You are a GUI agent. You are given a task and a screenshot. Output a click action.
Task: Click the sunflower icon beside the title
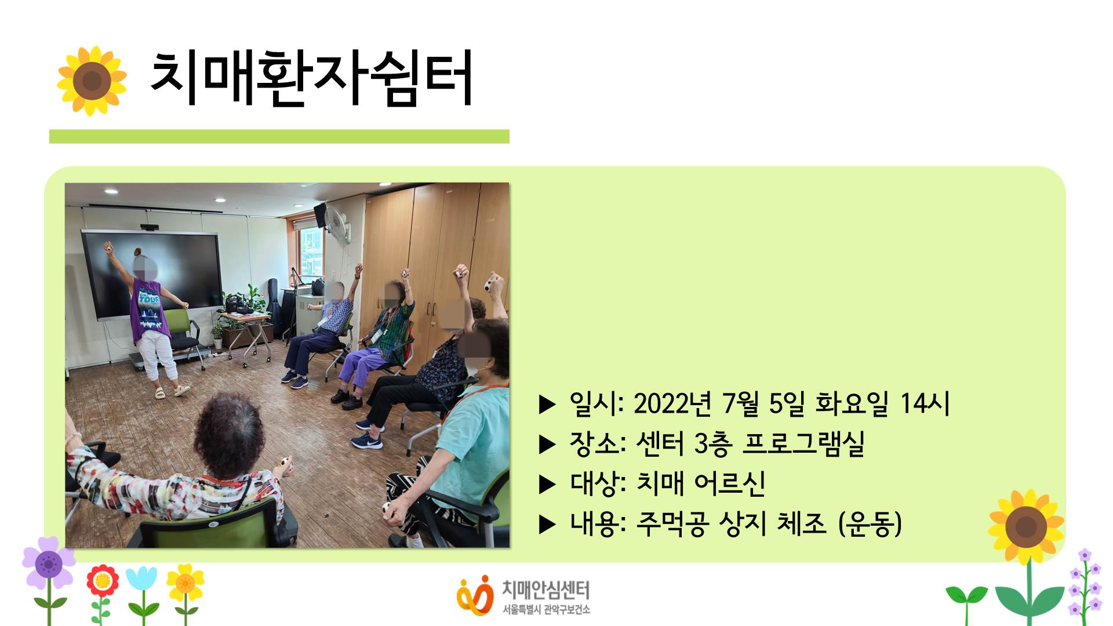pos(92,81)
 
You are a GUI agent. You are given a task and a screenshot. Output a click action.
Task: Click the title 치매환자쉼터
pos(311,78)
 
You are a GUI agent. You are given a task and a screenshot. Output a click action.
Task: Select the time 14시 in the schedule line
pos(925,403)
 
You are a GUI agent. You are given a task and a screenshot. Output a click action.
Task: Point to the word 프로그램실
pos(803,443)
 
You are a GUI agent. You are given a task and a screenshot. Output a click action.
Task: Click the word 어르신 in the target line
pos(730,483)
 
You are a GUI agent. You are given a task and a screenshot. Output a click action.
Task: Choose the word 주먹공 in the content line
pos(672,523)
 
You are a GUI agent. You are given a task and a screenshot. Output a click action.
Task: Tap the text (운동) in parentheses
pos(870,523)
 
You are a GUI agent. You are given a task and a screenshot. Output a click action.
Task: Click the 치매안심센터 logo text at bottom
pos(545,591)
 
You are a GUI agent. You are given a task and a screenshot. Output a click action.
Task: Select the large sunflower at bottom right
pos(1026,527)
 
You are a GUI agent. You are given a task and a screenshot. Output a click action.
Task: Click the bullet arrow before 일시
pos(547,405)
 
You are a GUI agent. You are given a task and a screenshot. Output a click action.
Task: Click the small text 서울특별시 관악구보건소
pos(546,610)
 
